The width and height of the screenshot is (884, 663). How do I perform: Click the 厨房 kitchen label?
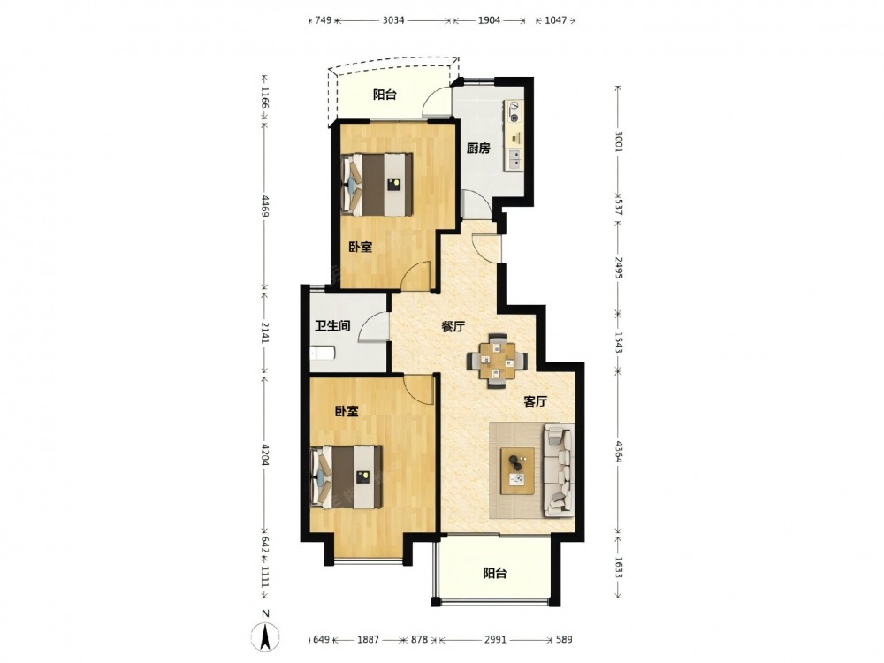(478, 149)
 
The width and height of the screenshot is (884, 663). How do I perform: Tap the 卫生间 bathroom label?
(332, 326)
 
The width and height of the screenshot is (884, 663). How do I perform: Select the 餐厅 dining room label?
(453, 326)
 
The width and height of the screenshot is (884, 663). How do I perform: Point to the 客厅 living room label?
(536, 401)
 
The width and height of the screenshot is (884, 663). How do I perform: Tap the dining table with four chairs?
(497, 361)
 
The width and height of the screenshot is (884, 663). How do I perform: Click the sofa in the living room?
(558, 471)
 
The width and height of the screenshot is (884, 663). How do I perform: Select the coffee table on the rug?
(518, 471)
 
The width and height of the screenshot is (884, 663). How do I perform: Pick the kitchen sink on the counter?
(514, 159)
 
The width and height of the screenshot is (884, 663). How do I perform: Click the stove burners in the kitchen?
(514, 111)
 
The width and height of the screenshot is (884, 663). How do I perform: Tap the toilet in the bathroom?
(323, 354)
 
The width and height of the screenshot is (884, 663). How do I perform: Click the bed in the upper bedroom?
(376, 185)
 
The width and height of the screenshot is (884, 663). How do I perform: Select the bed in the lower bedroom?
(347, 477)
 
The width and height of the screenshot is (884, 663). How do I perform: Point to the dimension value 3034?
(393, 21)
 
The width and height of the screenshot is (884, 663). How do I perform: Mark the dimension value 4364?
(619, 452)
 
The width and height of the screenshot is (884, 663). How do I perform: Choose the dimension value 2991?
(495, 639)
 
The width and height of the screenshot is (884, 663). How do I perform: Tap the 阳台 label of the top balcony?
(385, 95)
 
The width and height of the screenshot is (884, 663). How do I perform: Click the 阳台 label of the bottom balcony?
(495, 574)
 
